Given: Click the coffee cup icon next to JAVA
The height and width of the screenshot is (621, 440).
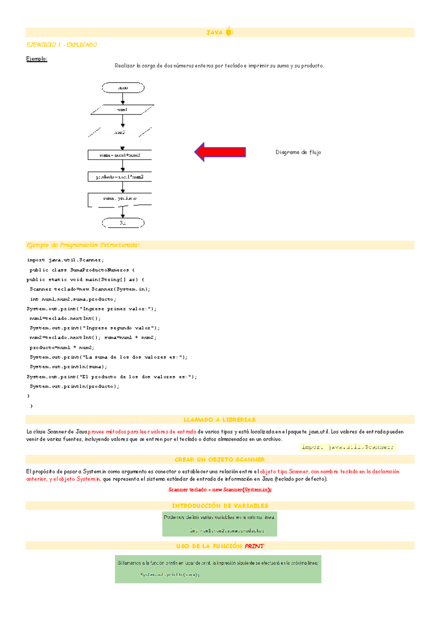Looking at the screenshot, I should [229, 31].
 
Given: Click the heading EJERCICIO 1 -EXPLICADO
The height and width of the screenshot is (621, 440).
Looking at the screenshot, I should [62, 45].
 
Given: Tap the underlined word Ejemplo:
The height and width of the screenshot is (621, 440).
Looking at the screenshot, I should [37, 59].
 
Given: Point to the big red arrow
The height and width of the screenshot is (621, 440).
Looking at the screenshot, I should [220, 152].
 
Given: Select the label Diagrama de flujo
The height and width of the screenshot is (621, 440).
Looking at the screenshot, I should [298, 152].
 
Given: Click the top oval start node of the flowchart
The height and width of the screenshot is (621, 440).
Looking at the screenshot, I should [123, 88].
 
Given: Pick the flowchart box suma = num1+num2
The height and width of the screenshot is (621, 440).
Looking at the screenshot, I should [120, 155].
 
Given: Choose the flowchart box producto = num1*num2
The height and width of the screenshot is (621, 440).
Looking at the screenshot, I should [120, 177].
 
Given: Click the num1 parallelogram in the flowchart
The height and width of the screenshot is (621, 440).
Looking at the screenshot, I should [122, 109].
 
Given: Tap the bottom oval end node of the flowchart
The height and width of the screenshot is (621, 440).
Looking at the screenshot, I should [123, 223].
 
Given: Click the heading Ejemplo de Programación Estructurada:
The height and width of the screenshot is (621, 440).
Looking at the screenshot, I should [83, 245].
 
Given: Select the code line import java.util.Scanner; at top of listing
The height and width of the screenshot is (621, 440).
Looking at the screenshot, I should [65, 260].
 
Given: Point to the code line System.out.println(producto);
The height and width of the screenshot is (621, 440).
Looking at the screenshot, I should [74, 386].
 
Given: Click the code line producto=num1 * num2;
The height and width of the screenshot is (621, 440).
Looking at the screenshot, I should [62, 347].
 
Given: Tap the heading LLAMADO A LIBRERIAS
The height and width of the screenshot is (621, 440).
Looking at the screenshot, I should [220, 420].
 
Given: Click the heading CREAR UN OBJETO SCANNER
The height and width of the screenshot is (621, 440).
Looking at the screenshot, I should [220, 460].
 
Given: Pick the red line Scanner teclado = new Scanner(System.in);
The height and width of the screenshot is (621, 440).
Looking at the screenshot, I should [220, 490].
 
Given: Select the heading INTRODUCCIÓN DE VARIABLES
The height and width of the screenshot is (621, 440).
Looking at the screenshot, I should [220, 506].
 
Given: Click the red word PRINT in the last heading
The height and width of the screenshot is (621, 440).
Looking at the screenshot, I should [254, 546].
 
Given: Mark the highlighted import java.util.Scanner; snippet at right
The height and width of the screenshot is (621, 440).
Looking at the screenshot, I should [348, 447].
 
